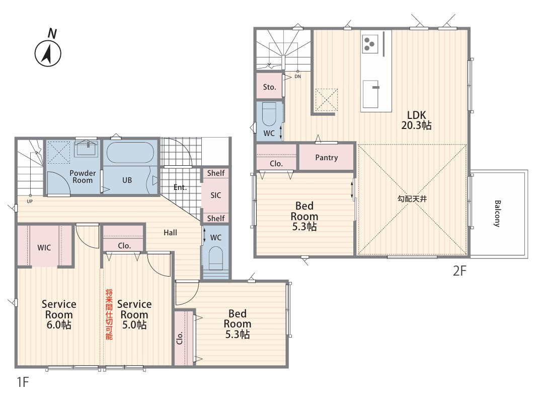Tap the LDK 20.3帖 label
(x=416, y=120)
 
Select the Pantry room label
(x=327, y=158)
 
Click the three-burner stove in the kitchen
(x=369, y=44)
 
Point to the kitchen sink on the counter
(x=371, y=94)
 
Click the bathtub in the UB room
(x=130, y=152)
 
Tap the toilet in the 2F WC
(x=269, y=114)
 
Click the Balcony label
(x=497, y=213)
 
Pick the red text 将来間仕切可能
(x=109, y=314)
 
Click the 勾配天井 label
(x=412, y=198)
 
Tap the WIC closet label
(x=44, y=247)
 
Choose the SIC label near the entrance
(x=216, y=195)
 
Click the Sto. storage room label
(x=270, y=87)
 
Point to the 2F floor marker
(x=459, y=271)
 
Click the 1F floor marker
(x=23, y=382)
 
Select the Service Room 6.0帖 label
(x=59, y=314)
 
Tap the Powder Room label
(x=83, y=176)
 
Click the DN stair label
(x=297, y=77)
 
